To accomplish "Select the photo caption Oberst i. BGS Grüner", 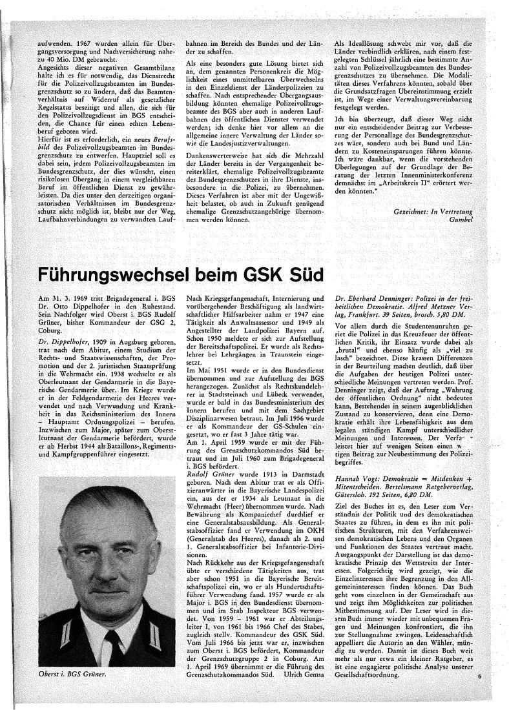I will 70,674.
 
